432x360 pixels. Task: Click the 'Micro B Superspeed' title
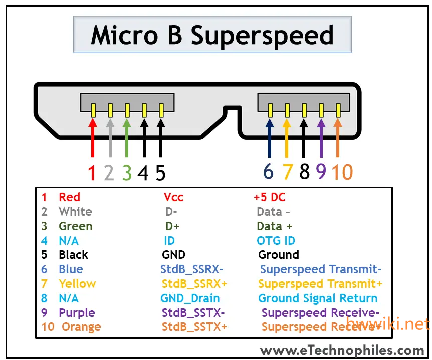212,35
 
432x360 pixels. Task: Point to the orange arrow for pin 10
339,138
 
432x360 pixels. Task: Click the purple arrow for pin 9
321,138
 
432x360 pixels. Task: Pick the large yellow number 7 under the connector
287,172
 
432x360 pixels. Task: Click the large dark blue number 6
269,172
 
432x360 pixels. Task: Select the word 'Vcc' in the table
173,197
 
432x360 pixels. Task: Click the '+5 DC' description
270,197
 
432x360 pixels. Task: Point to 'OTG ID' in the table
276,241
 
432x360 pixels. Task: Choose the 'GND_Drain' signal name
190,298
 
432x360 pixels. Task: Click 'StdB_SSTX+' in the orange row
194,327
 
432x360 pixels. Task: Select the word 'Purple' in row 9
77,313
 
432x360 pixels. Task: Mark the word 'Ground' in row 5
279,255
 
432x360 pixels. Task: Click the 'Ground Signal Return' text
318,298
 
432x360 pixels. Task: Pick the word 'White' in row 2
75,212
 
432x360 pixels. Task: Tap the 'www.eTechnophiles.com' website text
342,350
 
